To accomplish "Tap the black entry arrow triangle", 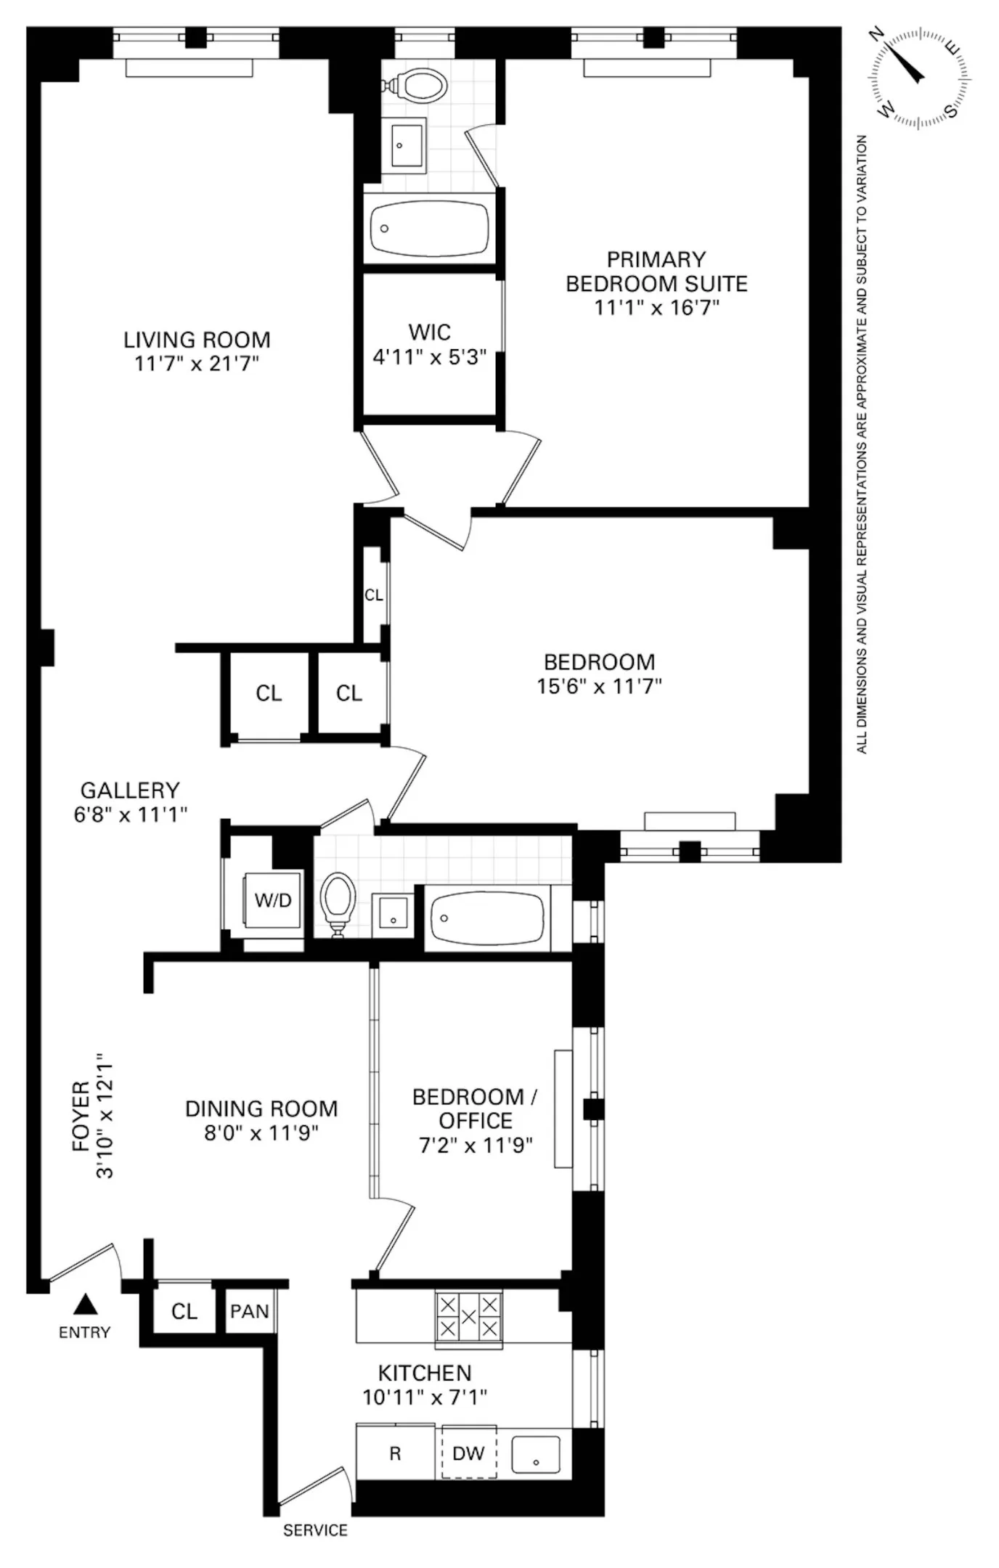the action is coord(86,1304).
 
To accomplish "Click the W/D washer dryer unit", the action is coord(273,900).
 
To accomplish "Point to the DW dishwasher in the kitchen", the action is coord(469,1453).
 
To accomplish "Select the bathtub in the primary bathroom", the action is coord(428,228).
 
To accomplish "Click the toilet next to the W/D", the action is coord(338,905).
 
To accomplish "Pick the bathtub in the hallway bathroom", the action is coord(486,917).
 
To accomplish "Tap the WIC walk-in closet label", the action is coord(430,332).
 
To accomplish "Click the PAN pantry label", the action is coord(250,1312).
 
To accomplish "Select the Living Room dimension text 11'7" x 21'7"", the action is coord(197,364).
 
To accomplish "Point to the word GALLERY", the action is coord(130,790).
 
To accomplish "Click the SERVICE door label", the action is coord(315,1530).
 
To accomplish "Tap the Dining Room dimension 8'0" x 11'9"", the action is coord(261,1133).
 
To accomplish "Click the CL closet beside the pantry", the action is coord(184,1311).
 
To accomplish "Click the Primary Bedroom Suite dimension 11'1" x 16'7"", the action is coord(656,308).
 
